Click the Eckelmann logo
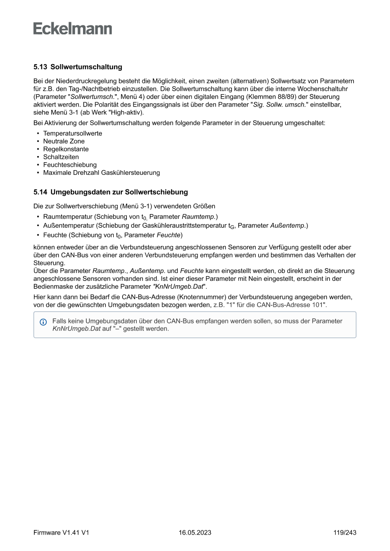tap(73, 29)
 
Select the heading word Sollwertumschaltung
tap(86, 67)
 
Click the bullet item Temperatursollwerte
tap(73, 133)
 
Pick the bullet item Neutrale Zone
tap(64, 141)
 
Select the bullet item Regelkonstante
tap(66, 149)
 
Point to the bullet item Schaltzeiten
tap(61, 157)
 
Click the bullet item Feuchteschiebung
tap(70, 165)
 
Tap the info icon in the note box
tap(43, 322)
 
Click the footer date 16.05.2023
tap(195, 533)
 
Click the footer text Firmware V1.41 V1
tap(61, 533)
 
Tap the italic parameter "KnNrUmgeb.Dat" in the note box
tap(76, 329)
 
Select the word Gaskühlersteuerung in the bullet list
tap(133, 173)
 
